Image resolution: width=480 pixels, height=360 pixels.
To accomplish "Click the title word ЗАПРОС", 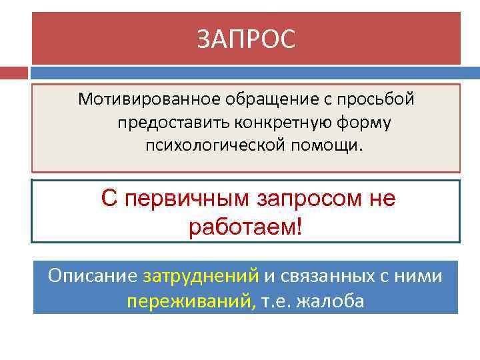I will click(245, 39).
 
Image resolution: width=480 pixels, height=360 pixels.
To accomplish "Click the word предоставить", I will click(170, 122).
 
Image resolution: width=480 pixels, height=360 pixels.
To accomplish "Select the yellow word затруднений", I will click(201, 275).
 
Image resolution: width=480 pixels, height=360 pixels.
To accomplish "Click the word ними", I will click(419, 275).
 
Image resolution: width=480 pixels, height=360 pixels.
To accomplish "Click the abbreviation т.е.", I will click(275, 301).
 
